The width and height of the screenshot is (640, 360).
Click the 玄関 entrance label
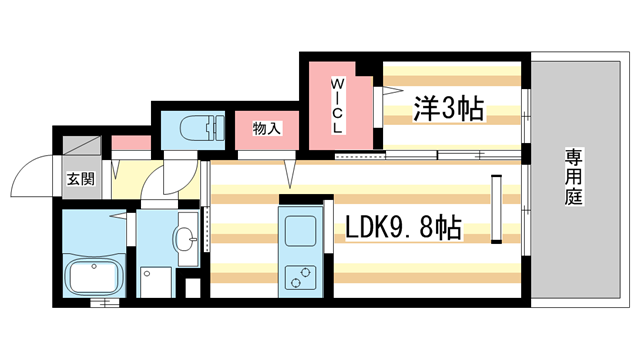pos(81,180)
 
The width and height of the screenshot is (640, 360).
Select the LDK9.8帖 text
pos(403,229)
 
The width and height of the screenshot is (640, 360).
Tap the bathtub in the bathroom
pos(93,276)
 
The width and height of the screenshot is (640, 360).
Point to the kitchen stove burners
pos(300,276)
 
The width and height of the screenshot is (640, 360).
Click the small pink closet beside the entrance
pos(130,143)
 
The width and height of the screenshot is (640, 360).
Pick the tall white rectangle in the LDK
pos(495,208)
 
